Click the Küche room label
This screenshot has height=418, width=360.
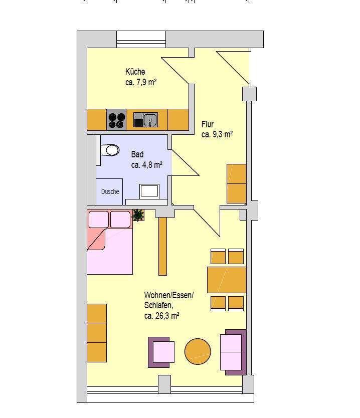(x=135, y=72)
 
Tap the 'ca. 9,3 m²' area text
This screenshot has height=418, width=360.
(x=217, y=134)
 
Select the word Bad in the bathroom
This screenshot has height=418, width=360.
(x=137, y=154)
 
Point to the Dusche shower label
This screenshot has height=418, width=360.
(x=110, y=191)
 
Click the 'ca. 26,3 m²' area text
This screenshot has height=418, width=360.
(x=161, y=316)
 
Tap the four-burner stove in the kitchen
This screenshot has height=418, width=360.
(x=116, y=120)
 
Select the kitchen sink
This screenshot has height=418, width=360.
(x=145, y=120)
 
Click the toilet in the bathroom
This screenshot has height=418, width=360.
(x=110, y=150)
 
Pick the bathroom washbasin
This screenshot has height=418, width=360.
(x=149, y=191)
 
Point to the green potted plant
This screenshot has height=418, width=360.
(x=138, y=215)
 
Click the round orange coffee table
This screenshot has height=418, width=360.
(x=198, y=351)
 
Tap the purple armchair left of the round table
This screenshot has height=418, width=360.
(x=161, y=352)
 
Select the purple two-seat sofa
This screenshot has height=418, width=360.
(x=233, y=352)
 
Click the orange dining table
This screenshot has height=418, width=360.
(x=227, y=280)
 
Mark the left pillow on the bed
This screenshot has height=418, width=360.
(x=99, y=220)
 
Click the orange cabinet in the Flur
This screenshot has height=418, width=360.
(x=237, y=183)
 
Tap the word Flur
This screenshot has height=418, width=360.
(x=208, y=124)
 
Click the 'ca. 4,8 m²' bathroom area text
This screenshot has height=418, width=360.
(x=147, y=165)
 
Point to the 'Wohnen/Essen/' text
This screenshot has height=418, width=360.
(x=169, y=295)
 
